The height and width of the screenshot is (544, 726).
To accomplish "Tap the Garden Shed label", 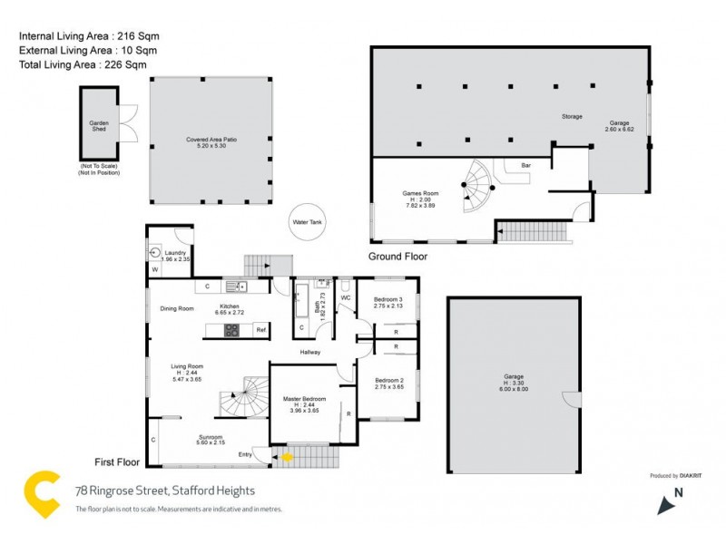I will (x=97, y=126).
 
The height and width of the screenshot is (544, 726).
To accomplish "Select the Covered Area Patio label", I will (x=211, y=141).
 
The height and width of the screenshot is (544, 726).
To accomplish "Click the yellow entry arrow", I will (x=288, y=457).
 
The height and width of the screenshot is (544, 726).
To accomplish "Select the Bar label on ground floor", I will (x=525, y=166).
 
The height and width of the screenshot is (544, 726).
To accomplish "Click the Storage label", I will (x=571, y=117).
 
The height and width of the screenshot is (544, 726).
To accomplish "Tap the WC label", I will (x=345, y=296).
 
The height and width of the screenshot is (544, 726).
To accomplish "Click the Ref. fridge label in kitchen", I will (x=260, y=330).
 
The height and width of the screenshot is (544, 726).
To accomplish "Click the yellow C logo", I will (x=42, y=494).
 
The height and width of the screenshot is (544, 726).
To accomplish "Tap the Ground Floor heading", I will (x=397, y=257).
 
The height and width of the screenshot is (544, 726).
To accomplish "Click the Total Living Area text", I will (x=82, y=65).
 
